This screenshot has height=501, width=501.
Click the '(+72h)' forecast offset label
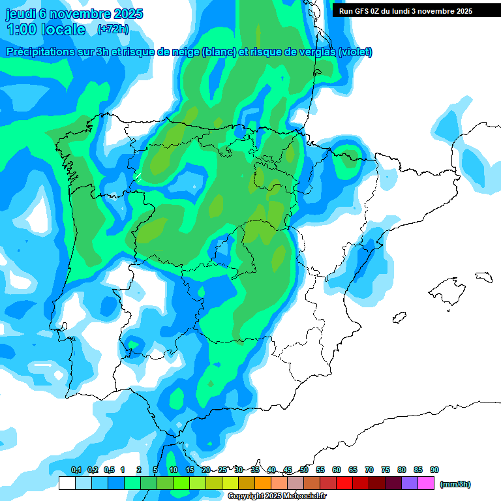click(x=113, y=29)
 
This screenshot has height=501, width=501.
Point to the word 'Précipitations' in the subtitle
click(x=40, y=52)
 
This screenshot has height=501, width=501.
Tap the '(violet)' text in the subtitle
click(x=355, y=52)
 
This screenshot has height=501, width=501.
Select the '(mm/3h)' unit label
click(x=455, y=484)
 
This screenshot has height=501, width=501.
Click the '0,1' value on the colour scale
click(x=76, y=470)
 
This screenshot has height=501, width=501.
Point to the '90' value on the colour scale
click(x=434, y=470)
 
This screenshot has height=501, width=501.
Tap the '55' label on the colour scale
click(x=320, y=470)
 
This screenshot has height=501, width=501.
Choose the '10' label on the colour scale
click(x=174, y=470)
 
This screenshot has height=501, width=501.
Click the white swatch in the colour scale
click(x=67, y=483)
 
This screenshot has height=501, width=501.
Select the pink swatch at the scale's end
click(x=426, y=483)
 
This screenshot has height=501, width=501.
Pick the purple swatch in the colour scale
click(x=410, y=483)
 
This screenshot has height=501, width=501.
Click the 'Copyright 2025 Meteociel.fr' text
click(x=277, y=496)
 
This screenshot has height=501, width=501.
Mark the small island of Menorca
click(x=483, y=277)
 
